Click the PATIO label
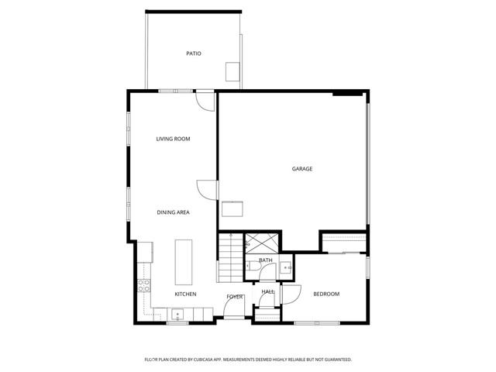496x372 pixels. coord(194,53)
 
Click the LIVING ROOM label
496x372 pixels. coord(173,139)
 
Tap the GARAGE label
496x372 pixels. coord(301,168)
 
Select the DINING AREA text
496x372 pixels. coord(173,212)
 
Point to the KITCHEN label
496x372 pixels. coord(185,294)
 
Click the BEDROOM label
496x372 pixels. coord(326,294)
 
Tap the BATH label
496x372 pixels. coord(266,260)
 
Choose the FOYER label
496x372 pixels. coord(235,297)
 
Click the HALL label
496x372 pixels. coord(267,292)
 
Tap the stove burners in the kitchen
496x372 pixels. coord(143,284)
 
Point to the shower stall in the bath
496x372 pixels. coord(258,243)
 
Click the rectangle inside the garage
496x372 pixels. coord(232,208)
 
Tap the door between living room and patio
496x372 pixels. coord(205,101)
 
